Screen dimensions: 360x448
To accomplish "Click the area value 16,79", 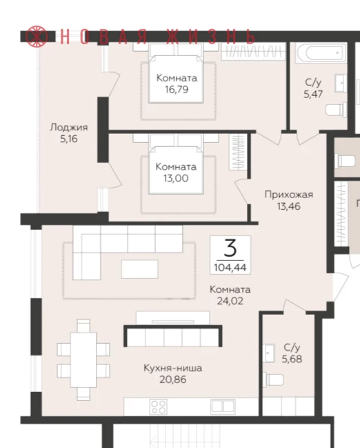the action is (x=177, y=90).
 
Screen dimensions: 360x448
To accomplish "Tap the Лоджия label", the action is (x=69, y=128).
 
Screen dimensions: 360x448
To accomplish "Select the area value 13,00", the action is (x=176, y=178).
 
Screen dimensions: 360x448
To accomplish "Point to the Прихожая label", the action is (x=289, y=195).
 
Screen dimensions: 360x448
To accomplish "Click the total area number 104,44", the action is (x=230, y=268).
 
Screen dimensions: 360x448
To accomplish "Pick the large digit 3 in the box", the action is (x=230, y=248).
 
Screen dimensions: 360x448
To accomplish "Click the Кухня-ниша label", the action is (x=172, y=368).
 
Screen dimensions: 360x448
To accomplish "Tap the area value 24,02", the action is (x=230, y=301).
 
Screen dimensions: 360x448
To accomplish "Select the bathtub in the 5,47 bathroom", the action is (x=321, y=52).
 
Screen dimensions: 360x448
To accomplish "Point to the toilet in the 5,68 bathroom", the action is (x=273, y=380).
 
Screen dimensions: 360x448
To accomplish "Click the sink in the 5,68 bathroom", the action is (x=268, y=353).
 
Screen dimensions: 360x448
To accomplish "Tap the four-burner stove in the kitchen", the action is (x=159, y=407).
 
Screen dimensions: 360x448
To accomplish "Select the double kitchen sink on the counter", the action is (x=223, y=407).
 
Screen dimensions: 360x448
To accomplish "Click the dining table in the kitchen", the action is (x=83, y=360).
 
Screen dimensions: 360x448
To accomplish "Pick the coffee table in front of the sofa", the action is (x=139, y=269).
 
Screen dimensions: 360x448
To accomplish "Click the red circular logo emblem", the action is (x=37, y=37).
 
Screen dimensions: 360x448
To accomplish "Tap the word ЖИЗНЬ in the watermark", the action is (x=210, y=37).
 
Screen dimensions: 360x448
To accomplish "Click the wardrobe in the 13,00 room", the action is (x=238, y=152).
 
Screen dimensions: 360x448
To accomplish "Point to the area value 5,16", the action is (x=69, y=139).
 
